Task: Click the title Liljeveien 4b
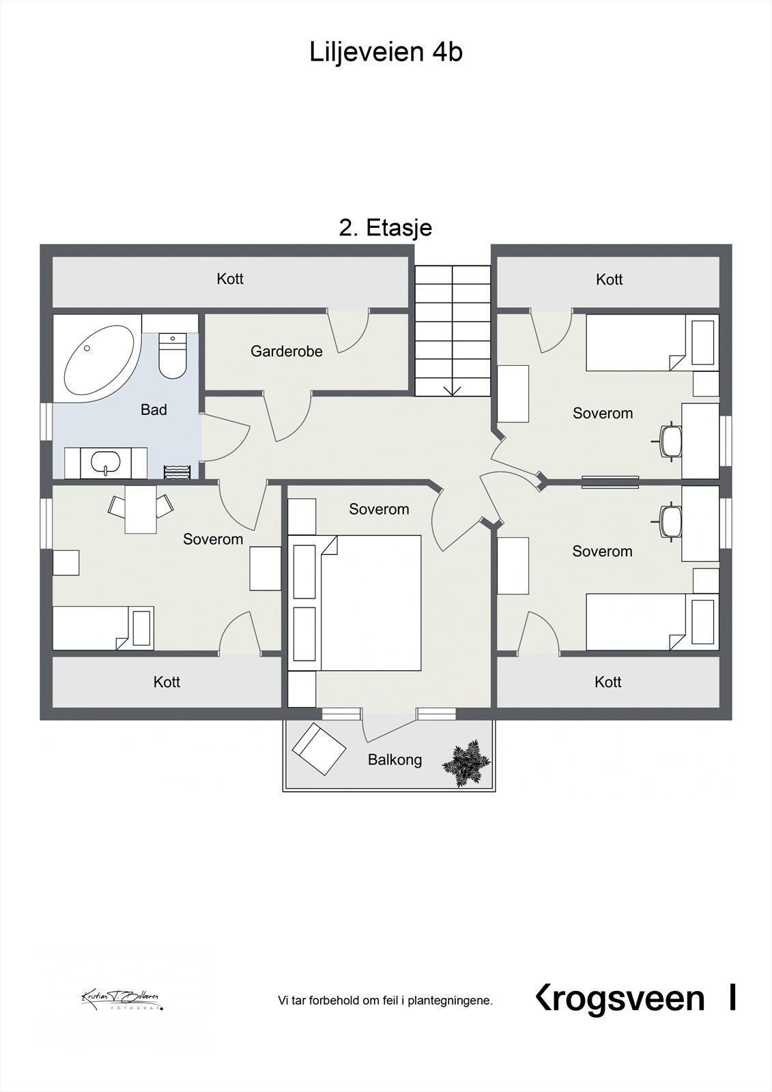386,52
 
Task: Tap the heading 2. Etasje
385,227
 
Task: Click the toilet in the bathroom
172,356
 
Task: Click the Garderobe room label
286,351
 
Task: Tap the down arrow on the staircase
453,390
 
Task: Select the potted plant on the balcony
466,763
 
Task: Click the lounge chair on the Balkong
319,749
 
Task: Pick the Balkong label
395,760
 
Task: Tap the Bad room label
154,409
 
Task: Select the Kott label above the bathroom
230,278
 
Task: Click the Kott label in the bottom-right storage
607,682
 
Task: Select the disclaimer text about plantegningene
385,1001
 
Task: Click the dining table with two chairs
140,509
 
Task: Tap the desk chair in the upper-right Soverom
670,440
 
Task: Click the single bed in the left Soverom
102,628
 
